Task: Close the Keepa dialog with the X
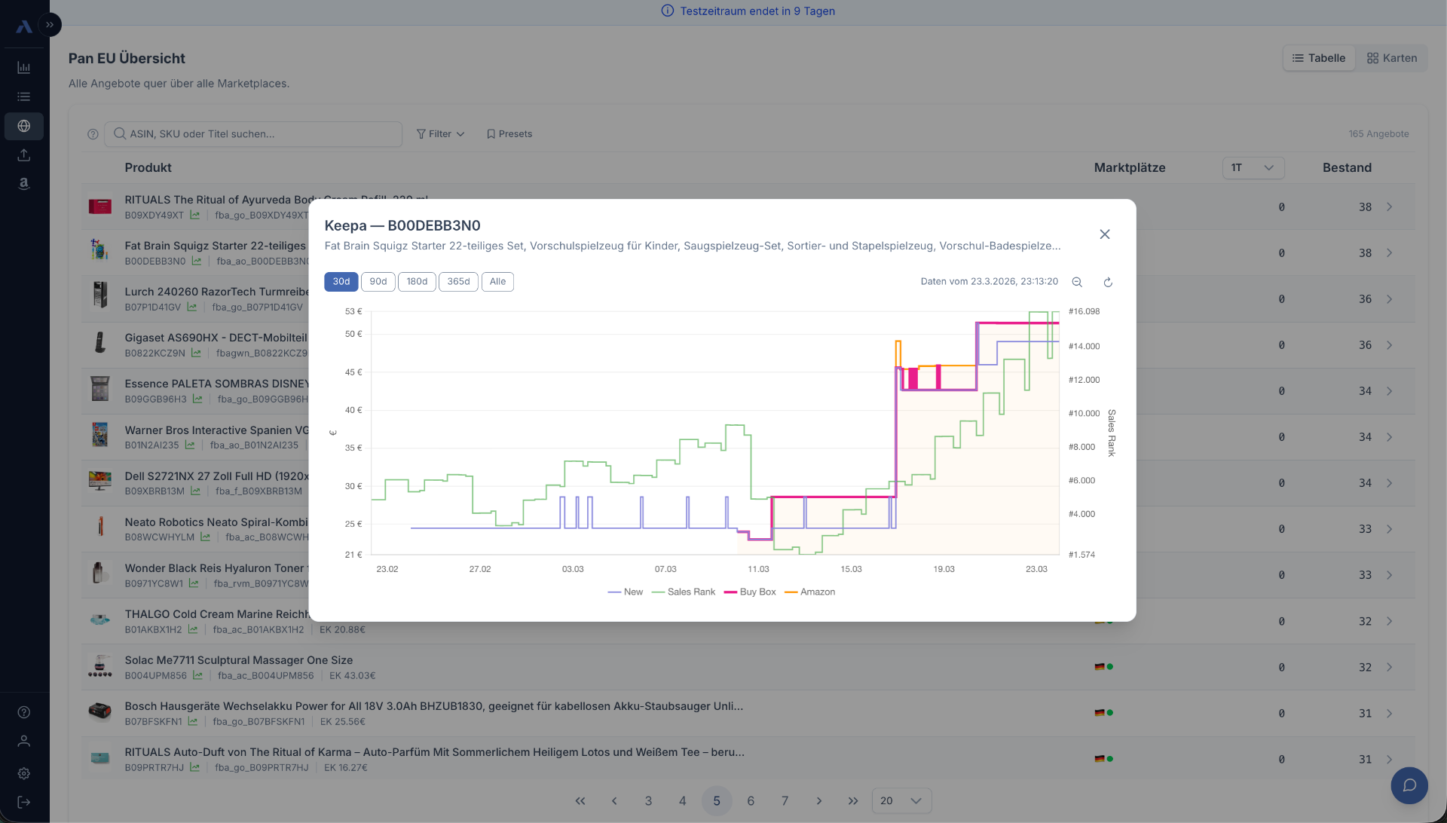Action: point(1105,234)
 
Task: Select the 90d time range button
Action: point(378,282)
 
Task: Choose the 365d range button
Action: point(458,282)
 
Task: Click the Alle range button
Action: point(497,282)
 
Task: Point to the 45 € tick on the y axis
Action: point(353,372)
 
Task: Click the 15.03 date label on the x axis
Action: point(851,569)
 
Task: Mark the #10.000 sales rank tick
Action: point(1084,414)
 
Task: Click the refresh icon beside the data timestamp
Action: point(1108,283)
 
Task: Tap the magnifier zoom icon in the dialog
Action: point(1077,283)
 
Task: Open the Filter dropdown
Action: point(440,134)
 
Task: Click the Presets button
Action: point(509,134)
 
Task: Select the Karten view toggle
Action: point(1392,58)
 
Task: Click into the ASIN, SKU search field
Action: point(256,134)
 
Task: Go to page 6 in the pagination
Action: point(751,801)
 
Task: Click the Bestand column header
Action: point(1347,168)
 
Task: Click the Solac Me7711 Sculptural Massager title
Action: point(238,660)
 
